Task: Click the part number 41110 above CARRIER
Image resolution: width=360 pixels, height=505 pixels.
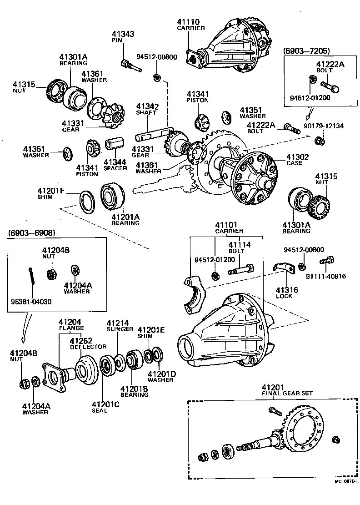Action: click(x=188, y=21)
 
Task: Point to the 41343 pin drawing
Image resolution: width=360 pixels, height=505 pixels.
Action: click(x=130, y=66)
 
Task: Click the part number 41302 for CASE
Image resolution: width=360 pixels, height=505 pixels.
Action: click(x=297, y=157)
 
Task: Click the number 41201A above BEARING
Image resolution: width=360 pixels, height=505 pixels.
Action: click(x=125, y=217)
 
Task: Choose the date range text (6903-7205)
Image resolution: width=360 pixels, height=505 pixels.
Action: click(x=307, y=50)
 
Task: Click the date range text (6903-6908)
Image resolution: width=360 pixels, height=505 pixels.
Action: click(x=32, y=233)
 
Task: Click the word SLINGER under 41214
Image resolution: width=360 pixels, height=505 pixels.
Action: click(x=120, y=329)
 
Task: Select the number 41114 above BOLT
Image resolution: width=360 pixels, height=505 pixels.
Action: click(x=239, y=245)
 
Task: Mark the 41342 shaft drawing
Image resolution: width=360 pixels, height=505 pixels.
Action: click(x=153, y=135)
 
